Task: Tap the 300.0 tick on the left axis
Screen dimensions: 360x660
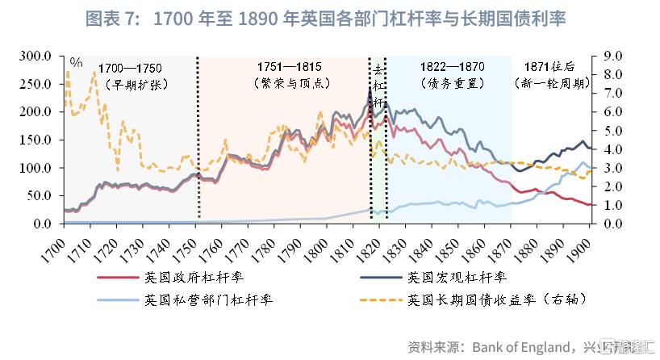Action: [36, 57]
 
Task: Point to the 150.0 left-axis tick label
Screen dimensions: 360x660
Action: [36, 140]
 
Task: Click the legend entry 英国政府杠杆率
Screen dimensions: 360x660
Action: [194, 278]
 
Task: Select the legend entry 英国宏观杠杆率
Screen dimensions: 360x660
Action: [457, 278]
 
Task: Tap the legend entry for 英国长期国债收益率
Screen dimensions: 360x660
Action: [496, 300]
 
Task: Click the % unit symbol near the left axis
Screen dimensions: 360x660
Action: [76, 61]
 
